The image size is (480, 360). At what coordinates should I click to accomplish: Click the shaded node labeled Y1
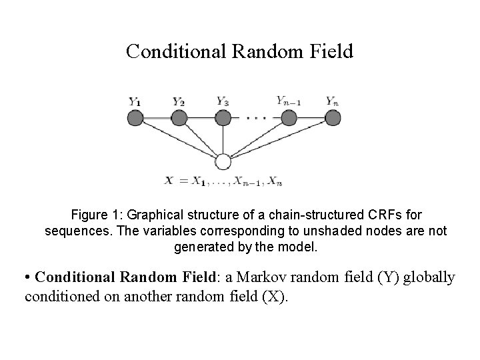coord(135,118)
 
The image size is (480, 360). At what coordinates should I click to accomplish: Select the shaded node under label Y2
coord(179,118)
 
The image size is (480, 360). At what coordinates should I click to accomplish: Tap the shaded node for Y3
coord(223,118)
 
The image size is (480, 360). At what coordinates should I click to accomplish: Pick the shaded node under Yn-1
coord(289,118)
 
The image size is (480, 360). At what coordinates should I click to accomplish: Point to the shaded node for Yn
coord(333,118)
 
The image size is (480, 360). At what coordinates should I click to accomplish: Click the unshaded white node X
coord(223,162)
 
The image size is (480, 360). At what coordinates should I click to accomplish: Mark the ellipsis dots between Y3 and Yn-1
coord(256,119)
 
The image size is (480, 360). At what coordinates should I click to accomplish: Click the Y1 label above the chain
coord(135,102)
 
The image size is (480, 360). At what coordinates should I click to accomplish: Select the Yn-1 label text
coord(288,101)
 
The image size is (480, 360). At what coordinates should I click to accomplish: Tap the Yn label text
coord(332,101)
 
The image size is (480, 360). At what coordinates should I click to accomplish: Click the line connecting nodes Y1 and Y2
coord(157,118)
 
